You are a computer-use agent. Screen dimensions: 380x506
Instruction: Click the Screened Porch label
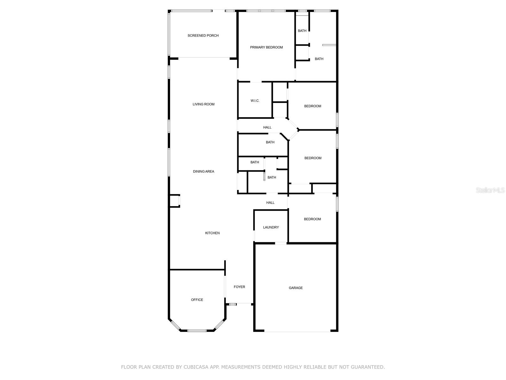point(203,35)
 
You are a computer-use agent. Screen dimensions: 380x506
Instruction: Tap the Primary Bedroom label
point(266,47)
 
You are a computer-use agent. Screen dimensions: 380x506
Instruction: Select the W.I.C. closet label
point(255,101)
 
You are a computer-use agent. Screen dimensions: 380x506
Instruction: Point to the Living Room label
point(203,104)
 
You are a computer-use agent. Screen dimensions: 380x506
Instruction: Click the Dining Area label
point(203,172)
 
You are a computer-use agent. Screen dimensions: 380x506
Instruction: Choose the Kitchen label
point(212,233)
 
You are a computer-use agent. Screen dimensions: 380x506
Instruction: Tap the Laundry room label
point(271,227)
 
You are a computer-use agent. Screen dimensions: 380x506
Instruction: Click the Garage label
point(295,288)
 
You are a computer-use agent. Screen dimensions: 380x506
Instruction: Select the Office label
point(197,300)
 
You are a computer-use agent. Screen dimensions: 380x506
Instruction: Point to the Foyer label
point(239,287)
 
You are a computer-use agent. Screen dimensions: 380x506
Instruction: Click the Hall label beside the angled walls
point(267,127)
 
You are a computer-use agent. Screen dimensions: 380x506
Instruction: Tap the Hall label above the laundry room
point(270,203)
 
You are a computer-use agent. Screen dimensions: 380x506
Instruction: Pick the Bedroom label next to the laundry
point(312,219)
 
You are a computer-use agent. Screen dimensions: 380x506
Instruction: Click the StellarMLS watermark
point(490,190)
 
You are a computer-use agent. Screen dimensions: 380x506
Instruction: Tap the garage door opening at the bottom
point(297,331)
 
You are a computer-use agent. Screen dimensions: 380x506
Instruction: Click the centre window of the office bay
point(197,331)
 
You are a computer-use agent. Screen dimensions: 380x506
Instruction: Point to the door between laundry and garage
point(281,243)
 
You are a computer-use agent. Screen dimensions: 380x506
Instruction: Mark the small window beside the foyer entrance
point(232,304)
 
